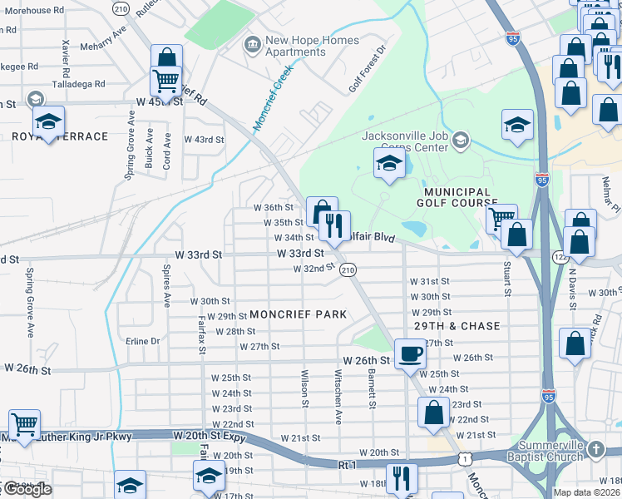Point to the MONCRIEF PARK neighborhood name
point(298,314)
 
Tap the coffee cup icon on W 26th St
point(410,353)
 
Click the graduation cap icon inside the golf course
point(388,164)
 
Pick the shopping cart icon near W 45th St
point(165,81)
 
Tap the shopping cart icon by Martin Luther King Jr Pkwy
point(25,425)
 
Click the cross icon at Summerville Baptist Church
point(595,450)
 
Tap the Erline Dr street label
point(143,341)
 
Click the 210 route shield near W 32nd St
point(348,270)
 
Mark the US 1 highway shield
point(462,459)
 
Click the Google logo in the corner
point(27,490)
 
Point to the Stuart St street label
point(506,279)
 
